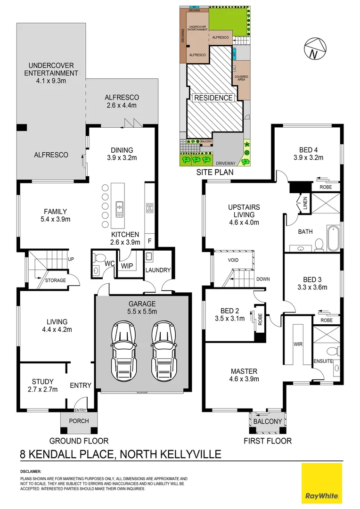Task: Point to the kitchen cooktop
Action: pyautogui.click(x=150, y=208)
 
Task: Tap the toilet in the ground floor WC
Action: pyautogui.click(x=98, y=258)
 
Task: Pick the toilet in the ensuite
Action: pyautogui.click(x=334, y=351)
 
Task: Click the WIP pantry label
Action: pyautogui.click(x=127, y=266)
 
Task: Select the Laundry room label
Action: pyautogui.click(x=157, y=270)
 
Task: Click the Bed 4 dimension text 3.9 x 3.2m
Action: pyautogui.click(x=308, y=158)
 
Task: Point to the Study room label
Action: pyautogui.click(x=42, y=381)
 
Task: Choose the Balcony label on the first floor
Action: pyautogui.click(x=267, y=421)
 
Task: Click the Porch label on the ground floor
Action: pyautogui.click(x=79, y=420)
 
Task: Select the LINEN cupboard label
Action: pyautogui.click(x=305, y=203)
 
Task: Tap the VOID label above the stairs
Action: pyautogui.click(x=233, y=260)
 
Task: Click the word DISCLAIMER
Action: pyautogui.click(x=31, y=471)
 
